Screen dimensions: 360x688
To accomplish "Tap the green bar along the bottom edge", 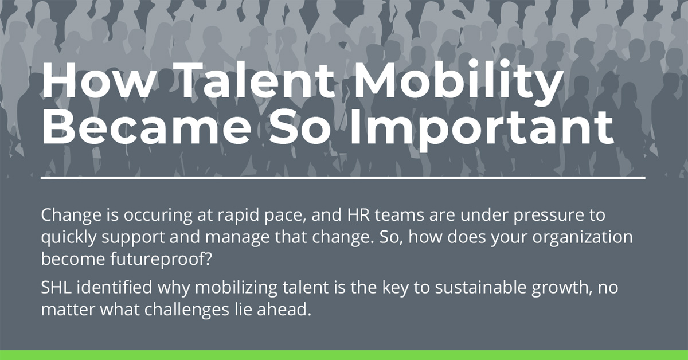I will click(344, 355).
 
